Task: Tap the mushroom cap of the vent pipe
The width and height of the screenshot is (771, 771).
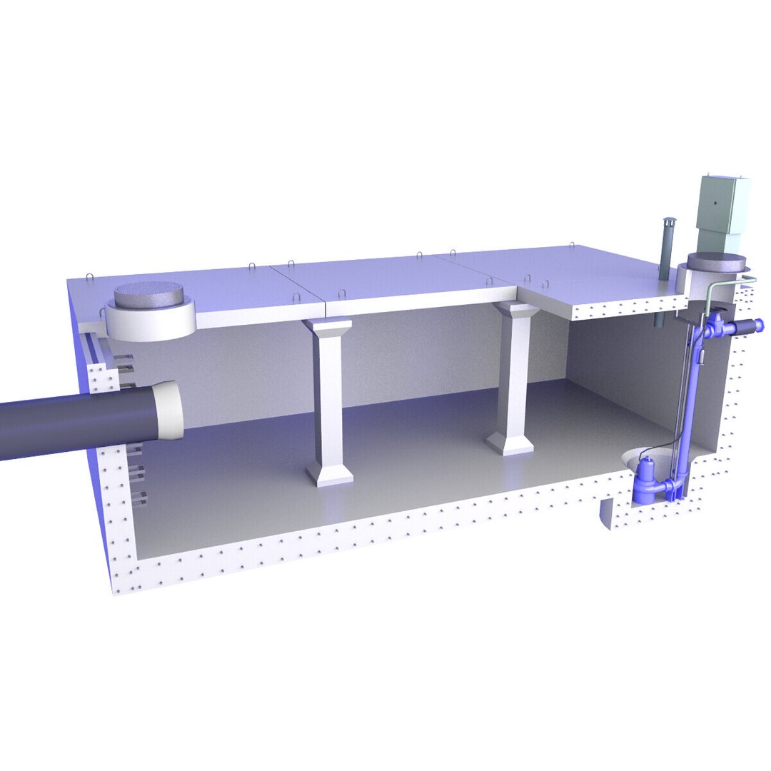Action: [669, 222]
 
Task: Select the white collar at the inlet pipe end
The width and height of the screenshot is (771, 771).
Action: [169, 410]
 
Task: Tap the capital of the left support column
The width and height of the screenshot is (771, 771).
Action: [327, 327]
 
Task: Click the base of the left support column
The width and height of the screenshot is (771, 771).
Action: [330, 472]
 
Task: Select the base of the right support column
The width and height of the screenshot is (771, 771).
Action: [510, 442]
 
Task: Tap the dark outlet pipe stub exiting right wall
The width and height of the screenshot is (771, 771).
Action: [749, 326]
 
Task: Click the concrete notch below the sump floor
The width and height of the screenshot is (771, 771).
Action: [605, 513]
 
